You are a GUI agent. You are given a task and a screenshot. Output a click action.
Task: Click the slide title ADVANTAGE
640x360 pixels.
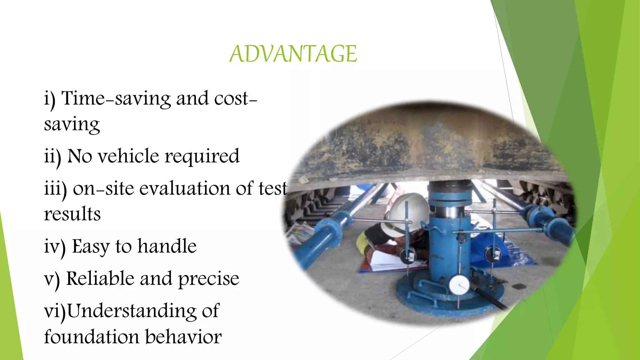click(x=293, y=54)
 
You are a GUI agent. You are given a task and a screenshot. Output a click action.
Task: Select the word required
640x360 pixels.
click(x=202, y=157)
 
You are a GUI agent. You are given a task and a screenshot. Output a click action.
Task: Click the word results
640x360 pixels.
click(x=72, y=214)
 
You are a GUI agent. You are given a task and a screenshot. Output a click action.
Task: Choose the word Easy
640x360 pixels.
click(x=91, y=247)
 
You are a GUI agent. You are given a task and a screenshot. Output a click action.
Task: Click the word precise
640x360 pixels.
click(x=208, y=279)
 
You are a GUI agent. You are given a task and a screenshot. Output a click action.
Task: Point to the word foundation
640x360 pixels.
click(x=92, y=337)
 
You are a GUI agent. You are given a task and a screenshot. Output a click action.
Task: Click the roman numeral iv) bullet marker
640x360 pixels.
click(x=55, y=247)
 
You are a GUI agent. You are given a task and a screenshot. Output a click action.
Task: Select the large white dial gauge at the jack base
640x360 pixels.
click(x=459, y=285)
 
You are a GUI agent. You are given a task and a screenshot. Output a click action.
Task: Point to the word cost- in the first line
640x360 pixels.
click(x=236, y=99)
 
